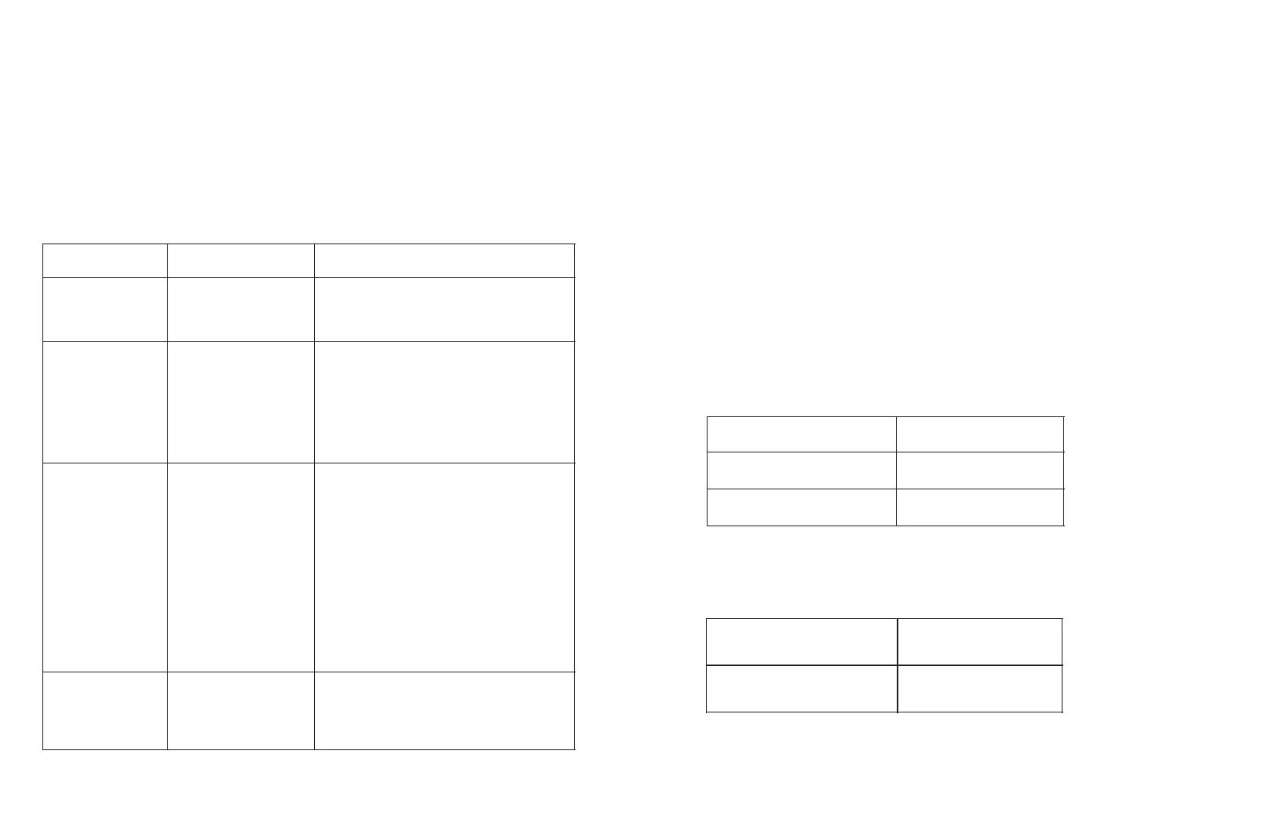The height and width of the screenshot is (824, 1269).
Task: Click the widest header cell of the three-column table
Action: point(444,260)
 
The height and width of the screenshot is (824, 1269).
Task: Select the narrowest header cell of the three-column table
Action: point(104,260)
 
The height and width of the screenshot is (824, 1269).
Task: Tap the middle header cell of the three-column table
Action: point(240,260)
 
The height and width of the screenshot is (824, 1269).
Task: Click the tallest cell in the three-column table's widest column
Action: point(444,566)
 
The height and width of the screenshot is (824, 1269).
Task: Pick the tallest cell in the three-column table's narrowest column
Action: point(104,566)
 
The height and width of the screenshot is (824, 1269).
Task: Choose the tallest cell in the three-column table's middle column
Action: point(240,566)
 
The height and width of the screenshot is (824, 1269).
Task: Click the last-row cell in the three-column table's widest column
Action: point(444,710)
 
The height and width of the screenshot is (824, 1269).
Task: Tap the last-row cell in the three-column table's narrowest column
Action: point(104,710)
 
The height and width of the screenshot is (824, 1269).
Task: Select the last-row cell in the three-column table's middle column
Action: point(240,710)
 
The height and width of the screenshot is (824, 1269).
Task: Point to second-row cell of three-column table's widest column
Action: point(444,309)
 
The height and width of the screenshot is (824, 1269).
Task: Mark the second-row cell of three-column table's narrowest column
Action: point(104,309)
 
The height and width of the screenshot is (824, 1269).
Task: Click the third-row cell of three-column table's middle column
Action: point(240,401)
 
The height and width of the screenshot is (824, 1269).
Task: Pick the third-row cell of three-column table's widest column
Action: point(444,401)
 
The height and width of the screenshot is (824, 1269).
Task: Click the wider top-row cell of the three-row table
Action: point(801,434)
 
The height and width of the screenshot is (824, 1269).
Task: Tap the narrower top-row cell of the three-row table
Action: point(979,434)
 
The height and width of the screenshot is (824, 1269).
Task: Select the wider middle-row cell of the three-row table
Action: point(801,470)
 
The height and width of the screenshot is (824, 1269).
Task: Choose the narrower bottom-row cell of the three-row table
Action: point(979,507)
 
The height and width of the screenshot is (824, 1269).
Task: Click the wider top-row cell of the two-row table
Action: point(801,641)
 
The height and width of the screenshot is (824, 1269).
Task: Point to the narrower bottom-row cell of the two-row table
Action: point(979,688)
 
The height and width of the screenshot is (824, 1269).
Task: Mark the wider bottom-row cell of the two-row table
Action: point(801,688)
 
